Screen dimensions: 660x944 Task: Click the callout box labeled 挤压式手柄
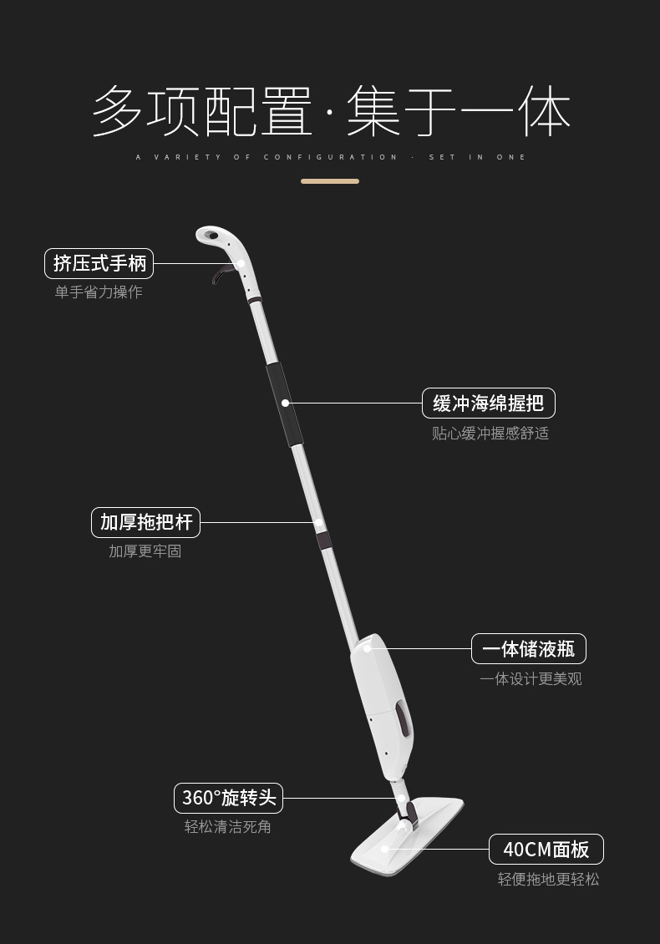pos(99,263)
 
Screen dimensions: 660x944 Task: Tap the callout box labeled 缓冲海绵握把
pos(489,403)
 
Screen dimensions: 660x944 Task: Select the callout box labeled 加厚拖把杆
pos(145,522)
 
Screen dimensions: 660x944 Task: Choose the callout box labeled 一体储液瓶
pos(529,649)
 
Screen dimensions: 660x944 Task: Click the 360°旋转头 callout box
pos(228,797)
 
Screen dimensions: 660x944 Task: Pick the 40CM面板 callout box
pos(546,850)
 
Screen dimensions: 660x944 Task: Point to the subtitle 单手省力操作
pos(99,292)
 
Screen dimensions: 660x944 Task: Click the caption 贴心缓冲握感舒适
pos(490,434)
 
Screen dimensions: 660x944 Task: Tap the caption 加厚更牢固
pos(145,551)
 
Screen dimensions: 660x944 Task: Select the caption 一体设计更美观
pos(531,679)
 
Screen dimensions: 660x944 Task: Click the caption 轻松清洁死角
pos(227,827)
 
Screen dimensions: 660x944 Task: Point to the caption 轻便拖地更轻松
pos(548,879)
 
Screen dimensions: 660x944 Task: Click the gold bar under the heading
pos(330,180)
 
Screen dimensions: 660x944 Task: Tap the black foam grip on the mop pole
pos(284,405)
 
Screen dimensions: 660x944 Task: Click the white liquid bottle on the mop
pos(380,702)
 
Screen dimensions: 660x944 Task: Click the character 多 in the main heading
pos(117,111)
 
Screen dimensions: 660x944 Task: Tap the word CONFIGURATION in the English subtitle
pos(331,157)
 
